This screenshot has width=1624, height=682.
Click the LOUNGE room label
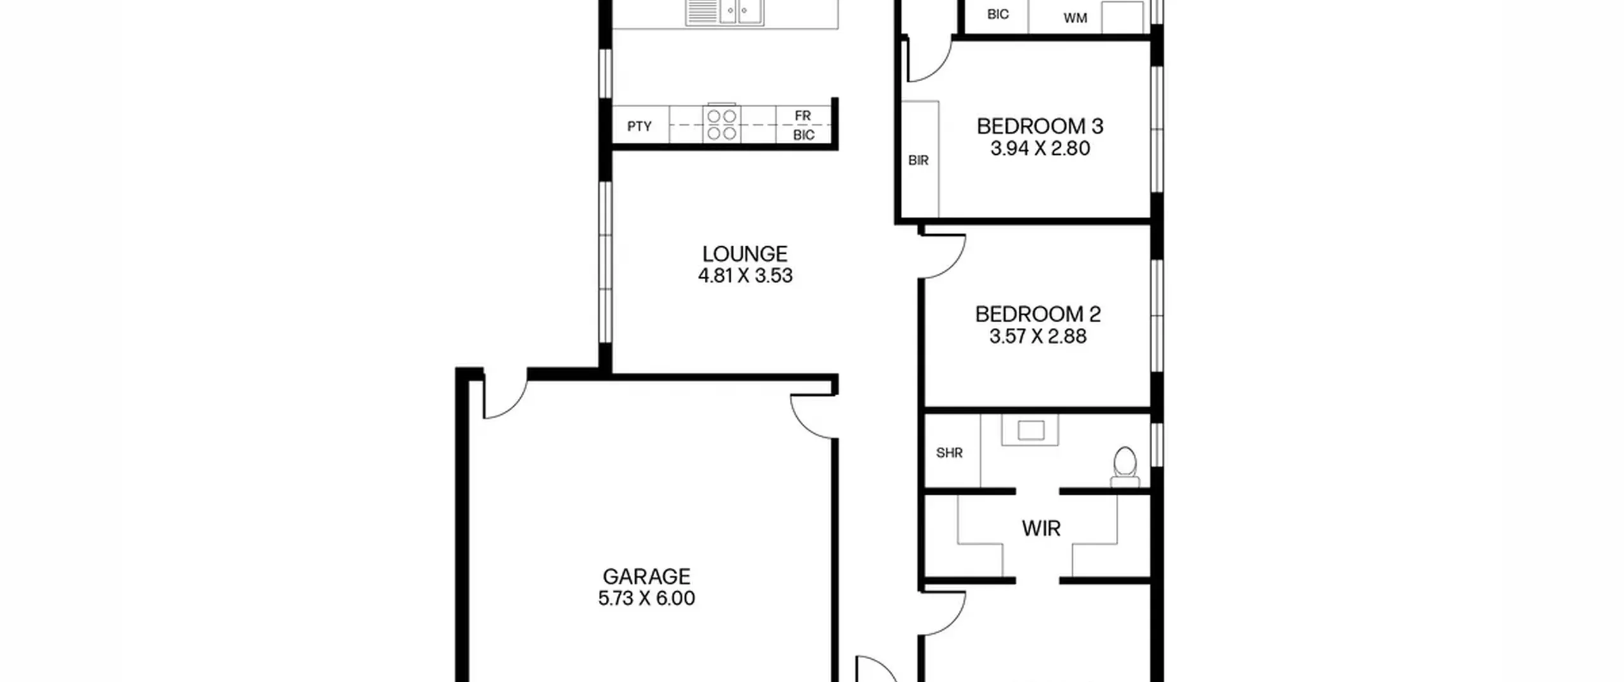(745, 254)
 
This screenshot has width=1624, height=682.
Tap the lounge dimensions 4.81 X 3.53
(745, 276)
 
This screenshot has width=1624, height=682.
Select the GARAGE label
(646, 577)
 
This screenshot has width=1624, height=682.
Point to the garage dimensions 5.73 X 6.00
(646, 598)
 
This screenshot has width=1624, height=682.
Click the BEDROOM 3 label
(1040, 126)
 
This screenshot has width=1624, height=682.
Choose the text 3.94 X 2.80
(1040, 148)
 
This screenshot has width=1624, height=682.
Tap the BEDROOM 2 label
(1038, 314)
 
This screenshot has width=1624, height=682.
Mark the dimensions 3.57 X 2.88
(1038, 336)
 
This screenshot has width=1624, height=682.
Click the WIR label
(1041, 528)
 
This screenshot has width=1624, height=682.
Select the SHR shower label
(950, 453)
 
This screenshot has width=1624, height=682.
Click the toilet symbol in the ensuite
(1125, 467)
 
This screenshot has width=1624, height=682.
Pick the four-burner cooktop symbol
(722, 124)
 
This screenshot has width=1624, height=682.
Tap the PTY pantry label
(639, 126)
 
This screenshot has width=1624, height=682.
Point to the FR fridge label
(802, 116)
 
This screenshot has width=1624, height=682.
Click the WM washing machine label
(1075, 18)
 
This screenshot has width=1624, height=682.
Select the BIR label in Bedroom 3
(919, 161)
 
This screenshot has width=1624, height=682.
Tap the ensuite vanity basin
(1030, 430)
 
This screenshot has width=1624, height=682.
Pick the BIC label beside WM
(998, 15)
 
